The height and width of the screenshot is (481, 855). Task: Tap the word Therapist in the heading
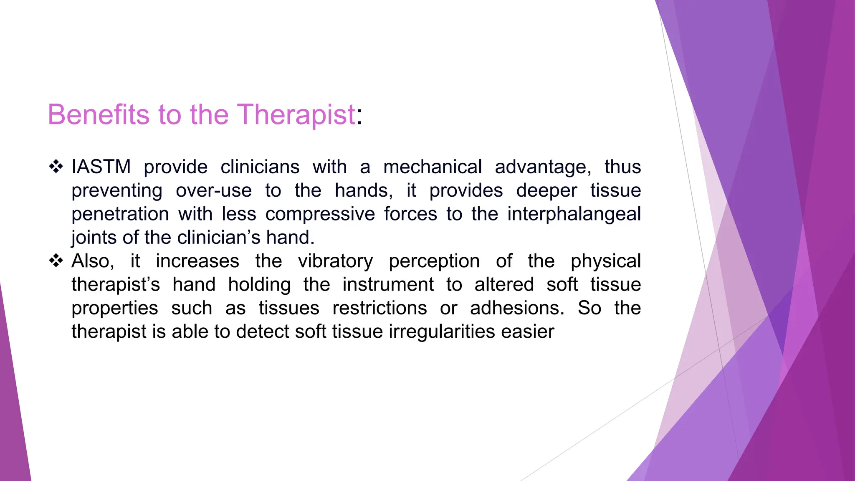point(296,114)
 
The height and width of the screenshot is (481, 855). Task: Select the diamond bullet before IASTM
point(56,167)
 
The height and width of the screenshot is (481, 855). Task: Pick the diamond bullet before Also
point(56,261)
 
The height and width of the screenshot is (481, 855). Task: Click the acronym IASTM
point(101,167)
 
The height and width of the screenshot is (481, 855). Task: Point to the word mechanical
point(433,167)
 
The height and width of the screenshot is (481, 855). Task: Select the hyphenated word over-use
point(214,190)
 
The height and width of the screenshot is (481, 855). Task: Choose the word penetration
point(120,214)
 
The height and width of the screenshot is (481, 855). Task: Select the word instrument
point(388,284)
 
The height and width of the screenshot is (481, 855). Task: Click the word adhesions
point(517,308)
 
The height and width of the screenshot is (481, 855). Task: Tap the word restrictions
point(379,308)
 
